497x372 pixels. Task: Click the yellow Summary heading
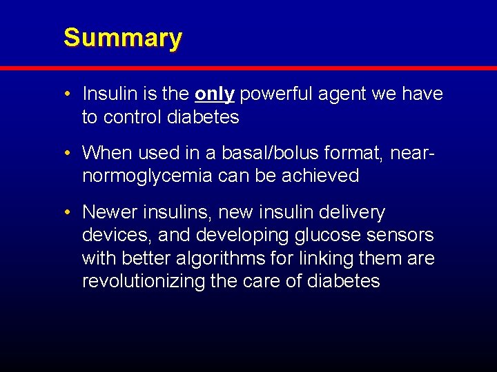click(122, 38)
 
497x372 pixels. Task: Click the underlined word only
click(215, 94)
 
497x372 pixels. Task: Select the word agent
click(347, 94)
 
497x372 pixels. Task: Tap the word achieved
click(320, 176)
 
